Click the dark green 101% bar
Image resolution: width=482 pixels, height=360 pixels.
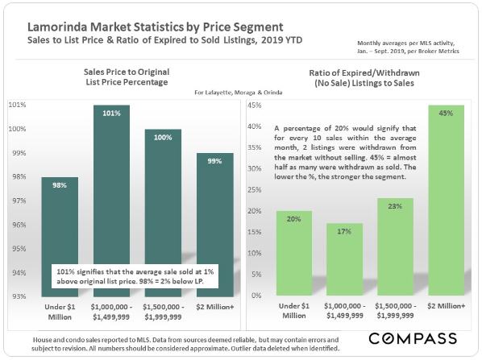[x=111, y=184]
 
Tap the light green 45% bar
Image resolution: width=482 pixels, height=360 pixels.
[x=446, y=200]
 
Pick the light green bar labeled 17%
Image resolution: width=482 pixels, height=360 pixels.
[x=345, y=259]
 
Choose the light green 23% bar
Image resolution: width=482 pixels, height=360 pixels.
[x=395, y=246]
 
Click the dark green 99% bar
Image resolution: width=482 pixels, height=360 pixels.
[x=215, y=225]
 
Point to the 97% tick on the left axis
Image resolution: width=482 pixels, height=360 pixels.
[x=19, y=201]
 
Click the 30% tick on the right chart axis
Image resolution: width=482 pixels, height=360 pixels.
[x=255, y=168]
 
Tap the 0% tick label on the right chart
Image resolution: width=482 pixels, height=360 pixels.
[x=256, y=296]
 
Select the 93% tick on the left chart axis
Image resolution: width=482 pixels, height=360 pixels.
[x=19, y=296]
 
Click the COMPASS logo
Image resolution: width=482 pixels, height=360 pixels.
[x=413, y=339]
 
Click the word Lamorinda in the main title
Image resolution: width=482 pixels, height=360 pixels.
[x=57, y=27]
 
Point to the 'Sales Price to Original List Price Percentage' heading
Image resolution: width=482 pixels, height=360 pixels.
[x=127, y=77]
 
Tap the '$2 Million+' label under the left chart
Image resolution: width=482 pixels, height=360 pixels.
[x=215, y=307]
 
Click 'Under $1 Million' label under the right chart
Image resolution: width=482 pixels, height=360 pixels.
[x=294, y=311]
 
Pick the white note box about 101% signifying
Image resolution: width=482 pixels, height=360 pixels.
[x=135, y=276]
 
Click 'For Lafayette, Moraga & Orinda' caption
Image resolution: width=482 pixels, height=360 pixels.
[x=239, y=93]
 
